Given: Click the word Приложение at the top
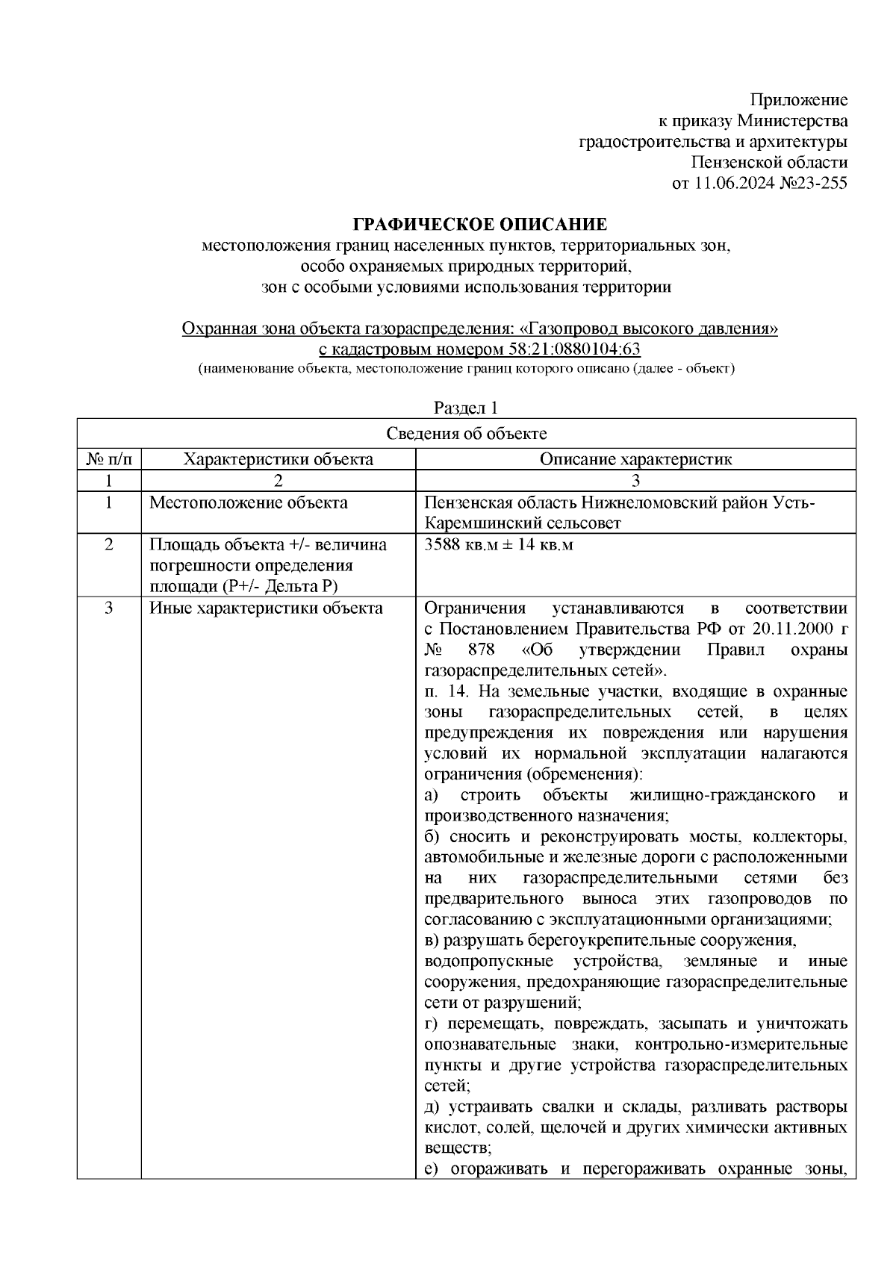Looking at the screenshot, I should (x=799, y=101).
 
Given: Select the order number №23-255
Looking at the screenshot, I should (x=809, y=183).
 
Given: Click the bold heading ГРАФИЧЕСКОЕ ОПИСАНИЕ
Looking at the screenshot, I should (x=480, y=224).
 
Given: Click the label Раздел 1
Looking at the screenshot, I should (x=466, y=408).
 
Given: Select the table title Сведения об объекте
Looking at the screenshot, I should (x=466, y=434).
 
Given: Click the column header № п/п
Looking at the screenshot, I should (x=109, y=459).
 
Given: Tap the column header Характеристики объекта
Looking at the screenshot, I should (x=279, y=459).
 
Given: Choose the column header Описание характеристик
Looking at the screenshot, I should (x=635, y=459).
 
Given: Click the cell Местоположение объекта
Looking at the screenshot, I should (x=249, y=502).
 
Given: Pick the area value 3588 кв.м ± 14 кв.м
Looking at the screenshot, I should (x=499, y=545).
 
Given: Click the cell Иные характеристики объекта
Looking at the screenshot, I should (x=266, y=608).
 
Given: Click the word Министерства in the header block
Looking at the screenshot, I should (x=792, y=121).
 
